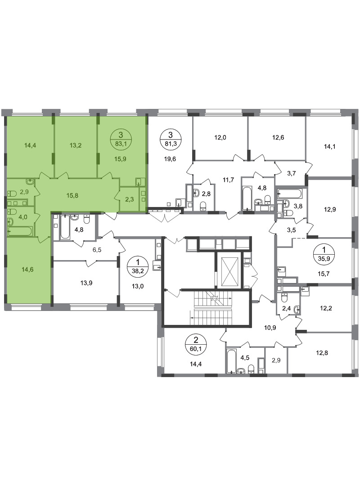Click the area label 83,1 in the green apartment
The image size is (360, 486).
(120, 144)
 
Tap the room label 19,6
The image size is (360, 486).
(170, 159)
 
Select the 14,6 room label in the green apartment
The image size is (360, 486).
(27, 270)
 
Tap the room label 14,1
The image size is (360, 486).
(329, 147)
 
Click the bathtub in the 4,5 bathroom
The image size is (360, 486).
(231, 361)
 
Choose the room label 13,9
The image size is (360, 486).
(86, 283)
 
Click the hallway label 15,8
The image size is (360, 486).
(72, 196)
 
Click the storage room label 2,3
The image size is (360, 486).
(129, 199)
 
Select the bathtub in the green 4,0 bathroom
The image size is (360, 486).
(20, 231)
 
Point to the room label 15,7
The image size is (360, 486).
(323, 274)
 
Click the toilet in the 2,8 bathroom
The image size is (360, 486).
(203, 206)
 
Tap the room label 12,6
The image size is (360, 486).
(278, 138)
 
